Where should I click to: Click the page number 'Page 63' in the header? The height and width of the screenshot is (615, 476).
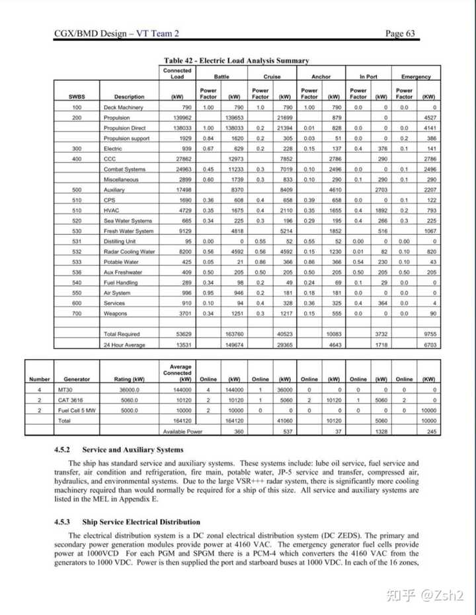(400, 34)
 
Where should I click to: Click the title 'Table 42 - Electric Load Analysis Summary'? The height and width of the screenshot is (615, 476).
(236, 61)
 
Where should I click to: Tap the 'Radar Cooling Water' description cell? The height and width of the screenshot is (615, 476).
(130, 251)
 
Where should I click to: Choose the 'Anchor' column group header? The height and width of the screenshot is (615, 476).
(321, 77)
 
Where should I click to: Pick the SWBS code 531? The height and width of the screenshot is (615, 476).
(77, 241)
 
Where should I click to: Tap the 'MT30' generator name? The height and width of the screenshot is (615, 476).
(64, 389)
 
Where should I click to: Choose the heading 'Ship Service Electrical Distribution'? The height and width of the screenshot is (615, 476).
(152, 522)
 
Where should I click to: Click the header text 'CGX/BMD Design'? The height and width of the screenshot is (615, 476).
(91, 34)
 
